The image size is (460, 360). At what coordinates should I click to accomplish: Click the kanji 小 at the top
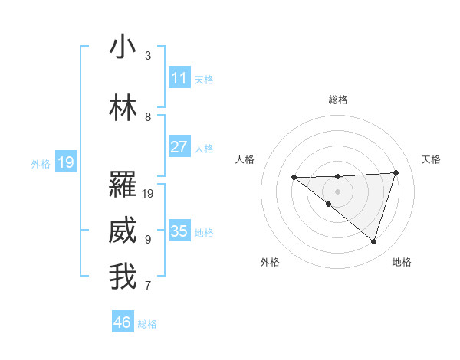123,47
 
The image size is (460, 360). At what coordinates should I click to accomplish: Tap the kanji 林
123,108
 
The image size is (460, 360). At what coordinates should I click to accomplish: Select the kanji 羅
123,185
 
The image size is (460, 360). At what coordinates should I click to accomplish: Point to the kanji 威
123,231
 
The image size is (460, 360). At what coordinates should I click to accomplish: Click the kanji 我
123,277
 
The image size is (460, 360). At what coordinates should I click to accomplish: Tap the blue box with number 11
179,78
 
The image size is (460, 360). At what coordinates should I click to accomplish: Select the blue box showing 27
179,147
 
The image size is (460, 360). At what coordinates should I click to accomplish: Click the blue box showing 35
179,231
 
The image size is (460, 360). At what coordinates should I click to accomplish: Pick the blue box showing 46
123,322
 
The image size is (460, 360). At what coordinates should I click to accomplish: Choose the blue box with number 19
65,162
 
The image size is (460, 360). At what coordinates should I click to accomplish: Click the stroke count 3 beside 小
148,56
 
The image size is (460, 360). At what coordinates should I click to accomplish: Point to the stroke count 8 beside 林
148,117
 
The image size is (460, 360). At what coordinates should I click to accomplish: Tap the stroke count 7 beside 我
148,286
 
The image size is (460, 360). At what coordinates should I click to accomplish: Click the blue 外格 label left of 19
41,163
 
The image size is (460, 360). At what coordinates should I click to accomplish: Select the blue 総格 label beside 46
147,324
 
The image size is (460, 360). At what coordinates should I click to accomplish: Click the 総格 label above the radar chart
337,100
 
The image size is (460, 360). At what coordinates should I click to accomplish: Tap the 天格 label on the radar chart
431,159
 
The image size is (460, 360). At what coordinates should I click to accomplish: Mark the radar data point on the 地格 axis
373,241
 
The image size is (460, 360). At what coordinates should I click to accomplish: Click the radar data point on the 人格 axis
294,177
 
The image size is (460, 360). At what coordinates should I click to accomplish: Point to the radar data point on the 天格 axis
396,172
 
